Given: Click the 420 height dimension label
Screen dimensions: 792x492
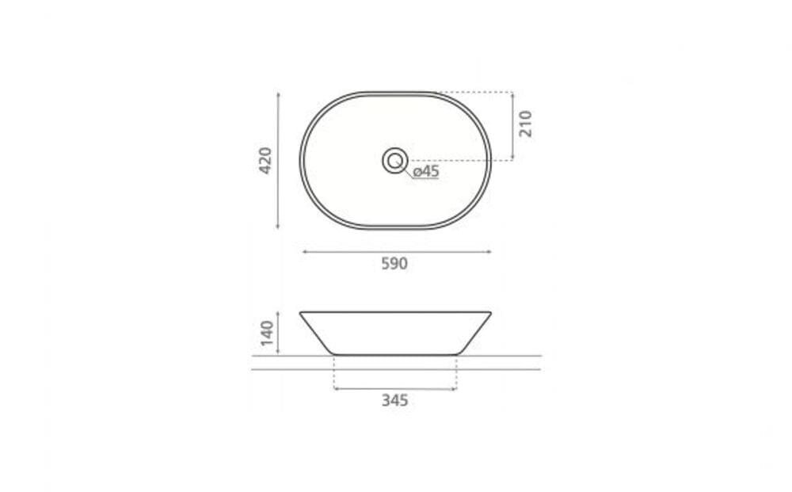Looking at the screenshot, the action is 265,161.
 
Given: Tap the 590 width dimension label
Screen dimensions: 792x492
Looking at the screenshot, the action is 394,264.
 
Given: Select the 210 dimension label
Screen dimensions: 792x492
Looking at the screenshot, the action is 525,124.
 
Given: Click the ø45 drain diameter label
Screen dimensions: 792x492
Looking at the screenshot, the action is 426,171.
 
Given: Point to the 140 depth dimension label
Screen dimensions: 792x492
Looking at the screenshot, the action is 266,334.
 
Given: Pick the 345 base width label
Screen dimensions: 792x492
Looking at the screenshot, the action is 394,401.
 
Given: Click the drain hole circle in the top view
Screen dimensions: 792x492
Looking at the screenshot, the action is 395,161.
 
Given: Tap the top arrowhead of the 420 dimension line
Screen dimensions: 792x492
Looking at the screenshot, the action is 278,94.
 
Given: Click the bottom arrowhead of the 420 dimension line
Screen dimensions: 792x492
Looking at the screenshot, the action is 278,227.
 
